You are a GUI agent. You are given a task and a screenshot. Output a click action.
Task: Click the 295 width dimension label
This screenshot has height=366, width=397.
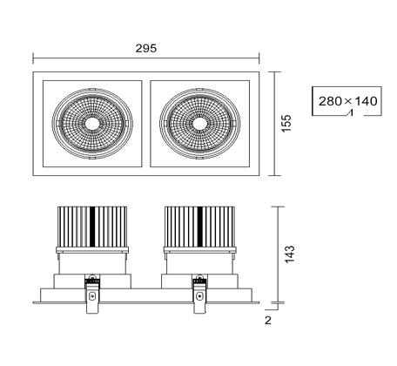(x=146, y=48)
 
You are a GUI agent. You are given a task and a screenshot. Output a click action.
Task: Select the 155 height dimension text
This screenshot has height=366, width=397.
(x=286, y=124)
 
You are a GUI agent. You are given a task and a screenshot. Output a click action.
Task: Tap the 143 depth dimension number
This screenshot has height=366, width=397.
(x=290, y=254)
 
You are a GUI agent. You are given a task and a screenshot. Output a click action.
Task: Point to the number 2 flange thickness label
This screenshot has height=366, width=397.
(x=268, y=320)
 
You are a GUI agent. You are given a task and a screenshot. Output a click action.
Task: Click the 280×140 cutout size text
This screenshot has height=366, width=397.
(x=348, y=101)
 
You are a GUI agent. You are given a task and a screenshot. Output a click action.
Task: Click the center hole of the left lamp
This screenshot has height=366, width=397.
(x=92, y=124)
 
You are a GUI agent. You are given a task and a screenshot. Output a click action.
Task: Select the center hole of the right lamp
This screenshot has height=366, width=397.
(x=199, y=124)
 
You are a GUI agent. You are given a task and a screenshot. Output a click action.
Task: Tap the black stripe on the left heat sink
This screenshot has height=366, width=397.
(x=92, y=227)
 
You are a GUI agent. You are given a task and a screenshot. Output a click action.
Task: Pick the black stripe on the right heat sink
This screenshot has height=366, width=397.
(x=200, y=227)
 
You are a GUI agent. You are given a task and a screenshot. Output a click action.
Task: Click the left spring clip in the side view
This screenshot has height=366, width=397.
(x=92, y=294)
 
